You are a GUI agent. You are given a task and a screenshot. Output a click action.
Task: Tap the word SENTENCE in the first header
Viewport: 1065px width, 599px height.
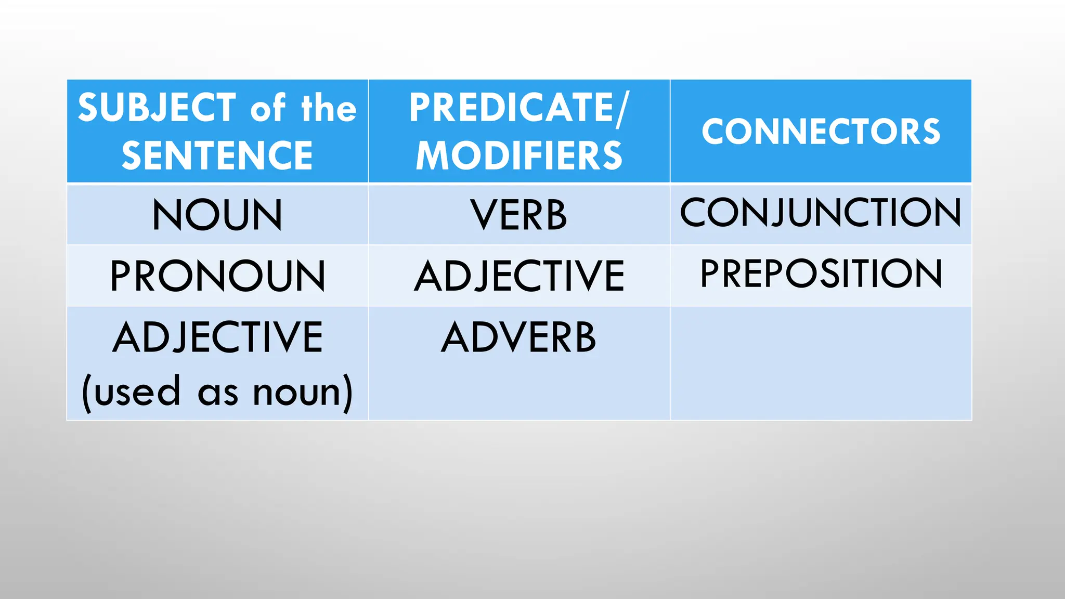click(217, 155)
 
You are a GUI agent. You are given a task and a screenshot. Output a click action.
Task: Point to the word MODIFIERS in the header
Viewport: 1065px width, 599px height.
click(519, 155)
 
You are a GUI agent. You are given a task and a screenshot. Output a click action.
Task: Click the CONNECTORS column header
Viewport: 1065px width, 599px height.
click(821, 131)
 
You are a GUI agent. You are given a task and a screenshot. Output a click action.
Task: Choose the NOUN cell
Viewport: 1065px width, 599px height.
click(217, 214)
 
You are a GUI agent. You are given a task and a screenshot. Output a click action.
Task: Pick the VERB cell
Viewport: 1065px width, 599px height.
click(518, 214)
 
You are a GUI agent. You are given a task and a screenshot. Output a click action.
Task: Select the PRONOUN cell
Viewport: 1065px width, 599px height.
click(217, 276)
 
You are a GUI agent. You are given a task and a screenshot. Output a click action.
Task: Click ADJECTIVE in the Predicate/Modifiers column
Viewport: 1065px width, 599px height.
click(519, 276)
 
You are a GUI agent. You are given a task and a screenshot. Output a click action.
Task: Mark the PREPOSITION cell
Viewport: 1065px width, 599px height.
click(821, 274)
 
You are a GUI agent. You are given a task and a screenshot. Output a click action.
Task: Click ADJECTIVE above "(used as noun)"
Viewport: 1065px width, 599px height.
click(217, 337)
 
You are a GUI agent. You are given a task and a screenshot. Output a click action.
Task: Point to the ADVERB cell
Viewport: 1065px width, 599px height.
click(518, 337)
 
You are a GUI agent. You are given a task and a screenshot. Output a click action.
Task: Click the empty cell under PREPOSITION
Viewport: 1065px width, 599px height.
click(821, 363)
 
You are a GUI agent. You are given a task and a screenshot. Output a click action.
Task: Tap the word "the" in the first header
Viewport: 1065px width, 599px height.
click(329, 108)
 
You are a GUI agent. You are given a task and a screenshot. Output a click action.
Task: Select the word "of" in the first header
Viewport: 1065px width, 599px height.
click(268, 108)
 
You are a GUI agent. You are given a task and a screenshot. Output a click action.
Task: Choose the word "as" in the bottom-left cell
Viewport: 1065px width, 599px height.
click(218, 394)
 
